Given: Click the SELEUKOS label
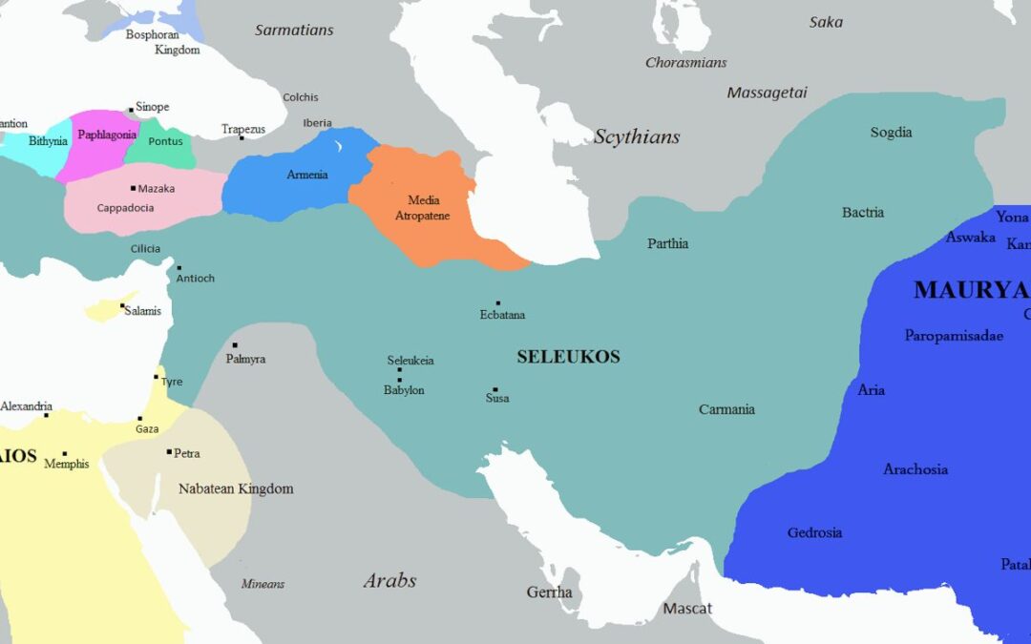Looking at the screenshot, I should tap(568, 357).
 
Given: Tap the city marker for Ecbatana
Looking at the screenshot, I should tap(497, 303).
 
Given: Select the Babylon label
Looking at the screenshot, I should tap(404, 390).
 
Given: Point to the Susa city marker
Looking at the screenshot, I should tap(494, 389).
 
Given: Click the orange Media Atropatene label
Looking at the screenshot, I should tap(422, 208).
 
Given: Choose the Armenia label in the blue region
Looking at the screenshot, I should tap(307, 175).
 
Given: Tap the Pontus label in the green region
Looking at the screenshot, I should tap(165, 141).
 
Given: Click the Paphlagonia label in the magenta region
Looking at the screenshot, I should tap(107, 135).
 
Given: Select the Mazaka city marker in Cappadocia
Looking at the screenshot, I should tap(133, 188).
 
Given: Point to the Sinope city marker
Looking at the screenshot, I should tap(131, 111).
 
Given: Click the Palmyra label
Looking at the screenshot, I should tap(245, 359).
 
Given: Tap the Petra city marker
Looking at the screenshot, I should tap(169, 452).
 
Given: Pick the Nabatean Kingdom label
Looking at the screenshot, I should tap(236, 488).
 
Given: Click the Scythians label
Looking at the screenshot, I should tap(637, 136).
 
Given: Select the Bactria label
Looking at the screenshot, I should tap(863, 212).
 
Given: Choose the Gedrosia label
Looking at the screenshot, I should tap(814, 532).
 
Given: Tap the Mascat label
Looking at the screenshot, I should tap(687, 608).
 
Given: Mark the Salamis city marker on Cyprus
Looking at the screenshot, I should tap(122, 306).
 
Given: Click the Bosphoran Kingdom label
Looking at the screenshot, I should tap(164, 42).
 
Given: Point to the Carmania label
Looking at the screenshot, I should tap(726, 409).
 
